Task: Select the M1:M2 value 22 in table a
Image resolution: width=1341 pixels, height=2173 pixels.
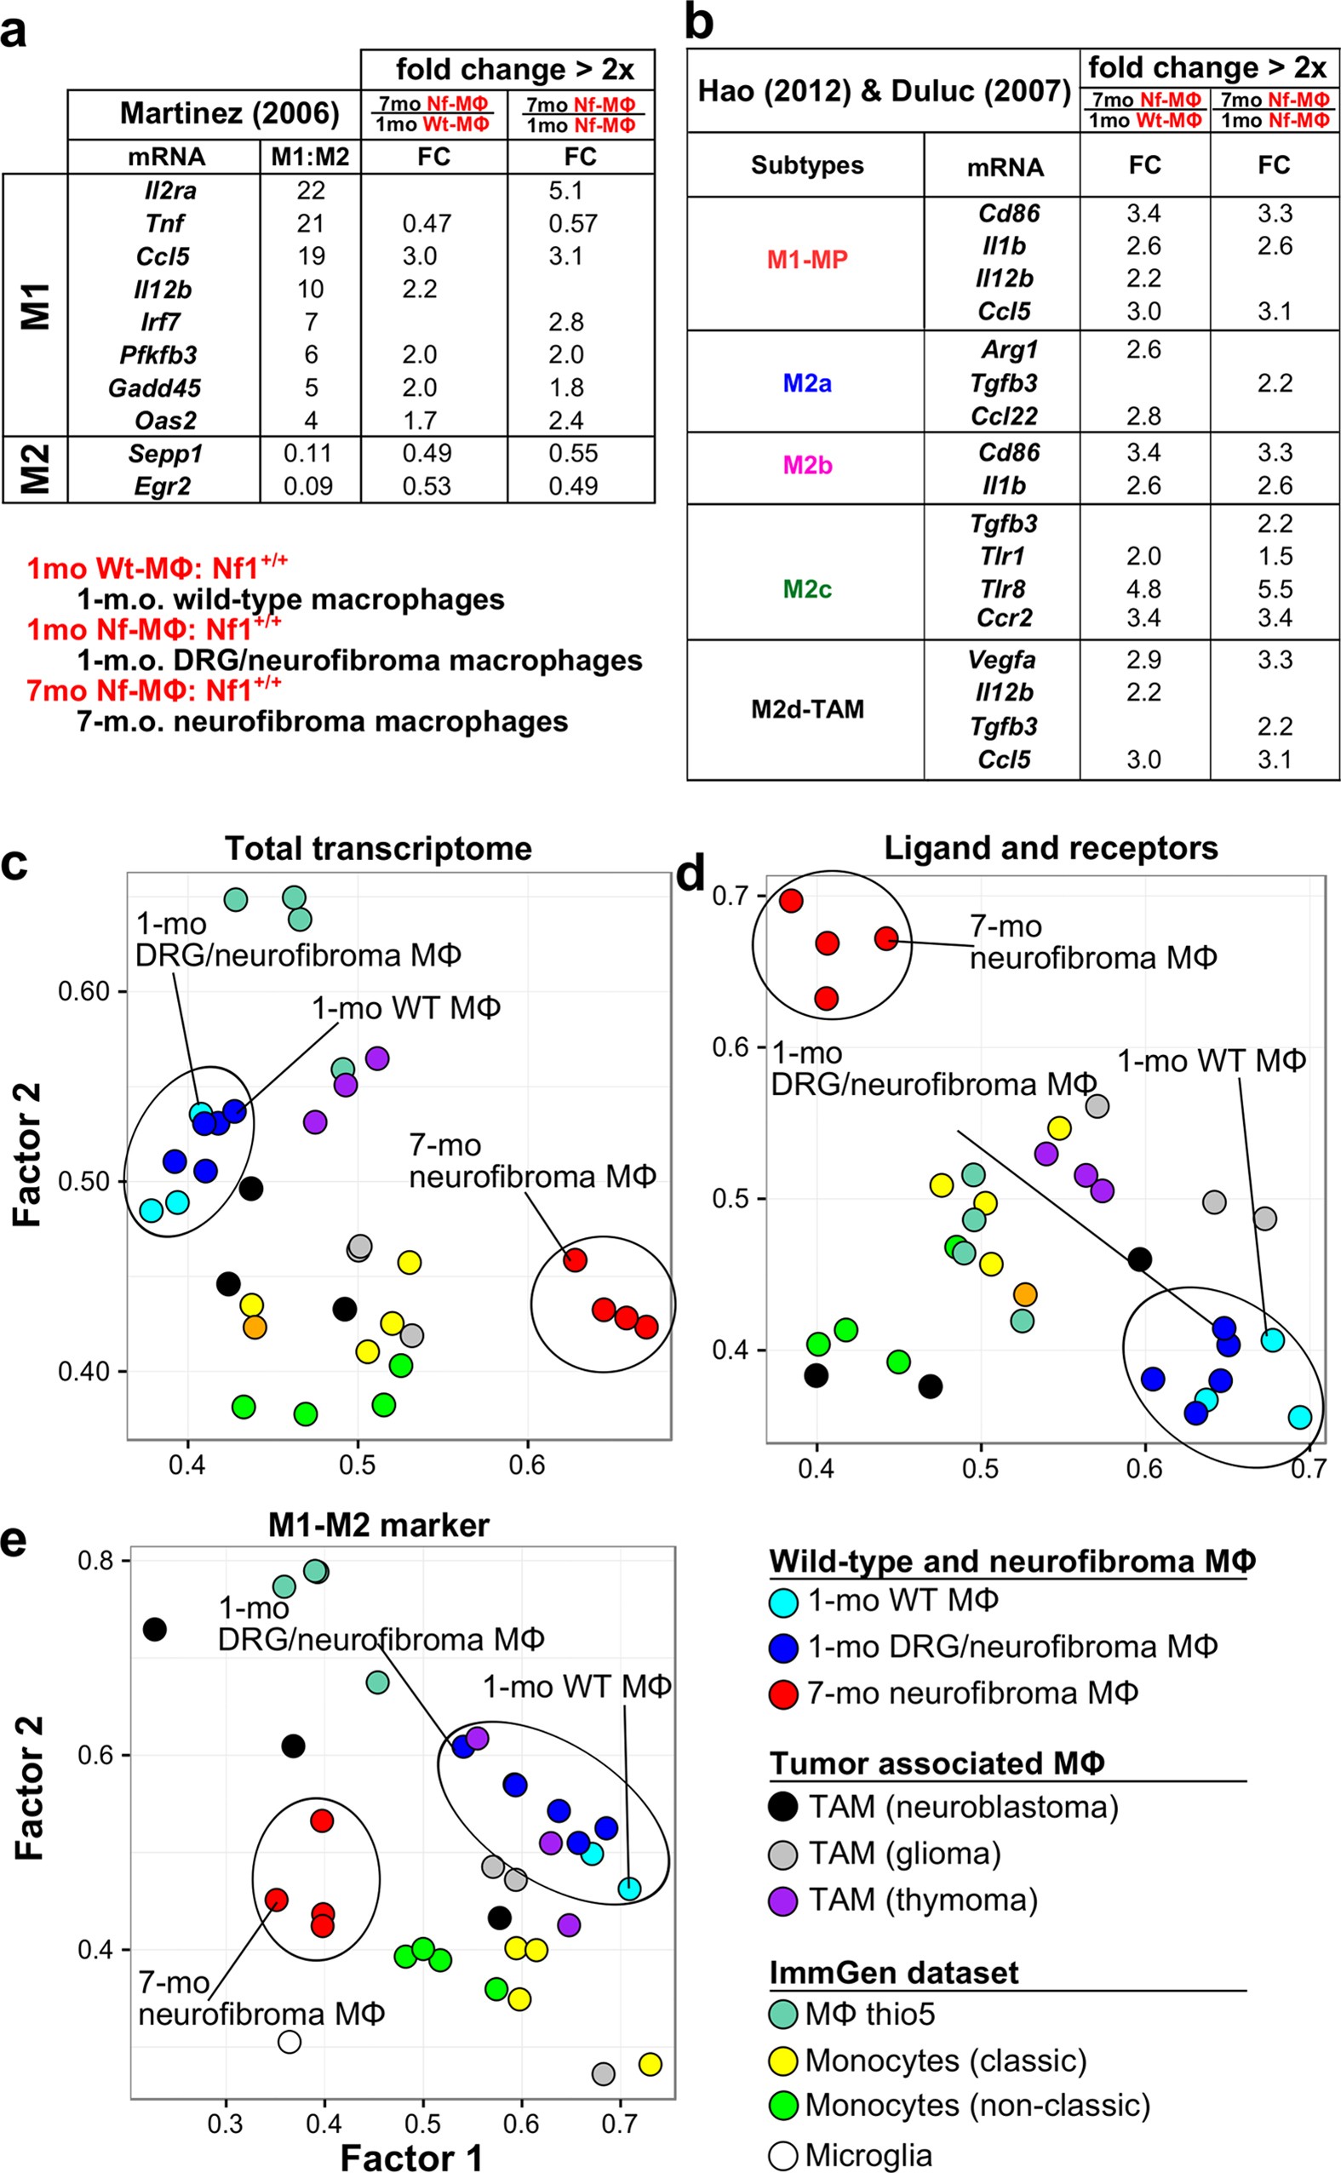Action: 311,191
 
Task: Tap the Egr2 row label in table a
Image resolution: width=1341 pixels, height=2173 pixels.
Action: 163,486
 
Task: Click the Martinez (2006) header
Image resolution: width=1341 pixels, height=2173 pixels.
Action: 229,113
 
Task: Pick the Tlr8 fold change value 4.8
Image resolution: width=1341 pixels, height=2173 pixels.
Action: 1143,589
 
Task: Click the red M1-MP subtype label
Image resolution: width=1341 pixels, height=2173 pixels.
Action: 807,260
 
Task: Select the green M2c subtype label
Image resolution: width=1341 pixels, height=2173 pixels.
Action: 807,589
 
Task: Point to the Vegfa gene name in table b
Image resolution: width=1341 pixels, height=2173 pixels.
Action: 1006,660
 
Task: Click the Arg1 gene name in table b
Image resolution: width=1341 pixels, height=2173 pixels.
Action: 1008,349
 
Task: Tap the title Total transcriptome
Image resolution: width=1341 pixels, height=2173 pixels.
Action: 378,849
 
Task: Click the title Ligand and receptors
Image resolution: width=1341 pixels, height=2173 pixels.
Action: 1050,848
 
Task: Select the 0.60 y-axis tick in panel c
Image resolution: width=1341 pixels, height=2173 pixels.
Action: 83,991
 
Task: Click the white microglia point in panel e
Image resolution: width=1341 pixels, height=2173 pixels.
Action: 289,2042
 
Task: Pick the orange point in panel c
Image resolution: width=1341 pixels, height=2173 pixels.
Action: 255,1327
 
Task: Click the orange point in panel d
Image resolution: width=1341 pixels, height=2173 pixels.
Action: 1024,1294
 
